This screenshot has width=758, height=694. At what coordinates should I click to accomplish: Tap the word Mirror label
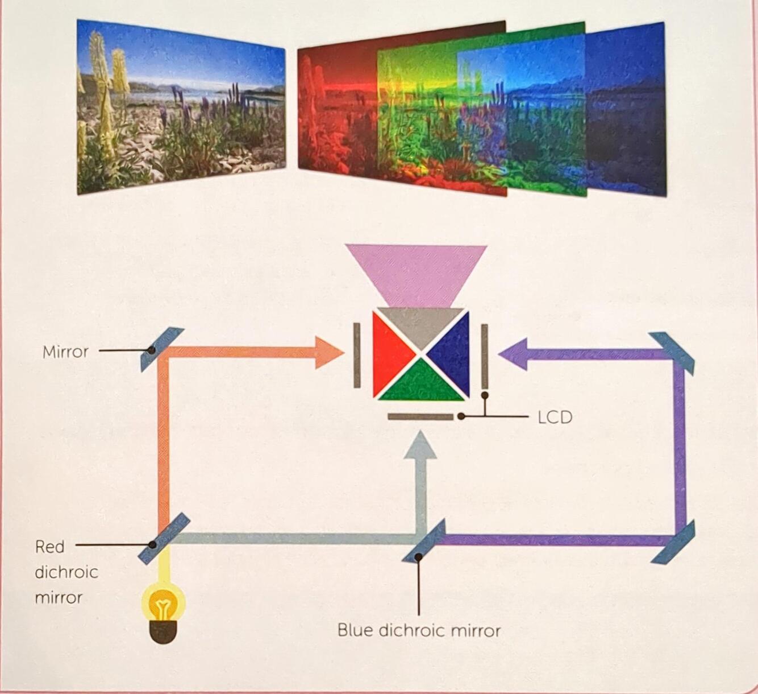pyautogui.click(x=65, y=352)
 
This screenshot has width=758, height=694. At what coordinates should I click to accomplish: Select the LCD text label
pyautogui.click(x=555, y=417)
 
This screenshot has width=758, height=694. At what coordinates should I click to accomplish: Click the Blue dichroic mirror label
pyautogui.click(x=419, y=630)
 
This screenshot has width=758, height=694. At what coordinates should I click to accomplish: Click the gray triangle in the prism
pyautogui.click(x=421, y=325)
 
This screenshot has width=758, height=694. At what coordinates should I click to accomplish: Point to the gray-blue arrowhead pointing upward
pyautogui.click(x=420, y=445)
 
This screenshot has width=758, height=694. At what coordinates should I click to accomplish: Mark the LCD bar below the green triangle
pyautogui.click(x=420, y=416)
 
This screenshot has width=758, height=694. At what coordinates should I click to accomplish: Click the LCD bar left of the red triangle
pyautogui.click(x=357, y=355)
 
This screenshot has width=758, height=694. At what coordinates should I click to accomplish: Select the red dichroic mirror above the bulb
pyautogui.click(x=164, y=539)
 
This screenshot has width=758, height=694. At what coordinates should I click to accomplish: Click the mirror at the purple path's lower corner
pyautogui.click(x=673, y=542)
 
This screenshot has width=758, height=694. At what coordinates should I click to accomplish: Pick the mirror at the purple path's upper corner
pyautogui.click(x=672, y=353)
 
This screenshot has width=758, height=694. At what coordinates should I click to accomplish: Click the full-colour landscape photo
pyautogui.click(x=181, y=107)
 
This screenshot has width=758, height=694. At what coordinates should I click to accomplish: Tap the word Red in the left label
pyautogui.click(x=49, y=547)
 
